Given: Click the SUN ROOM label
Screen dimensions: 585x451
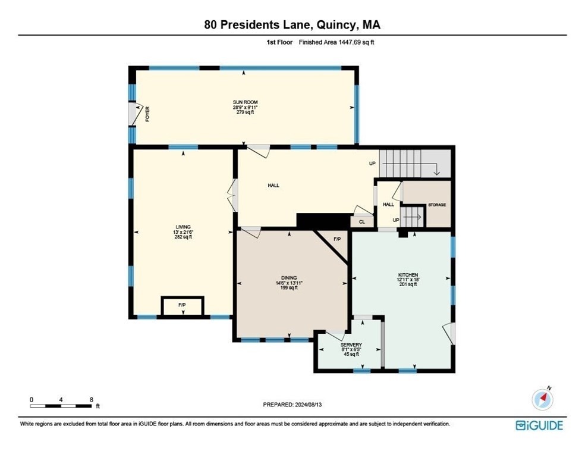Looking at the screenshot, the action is coord(245,102).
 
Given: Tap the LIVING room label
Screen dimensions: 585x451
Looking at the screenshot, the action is coord(183,227).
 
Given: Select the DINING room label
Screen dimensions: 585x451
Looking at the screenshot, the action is coord(289,278).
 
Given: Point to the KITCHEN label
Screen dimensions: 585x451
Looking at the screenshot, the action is coord(408,275).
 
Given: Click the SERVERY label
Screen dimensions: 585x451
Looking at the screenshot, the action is coord(351,344).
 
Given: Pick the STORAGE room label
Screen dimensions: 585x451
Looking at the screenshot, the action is coord(437,205).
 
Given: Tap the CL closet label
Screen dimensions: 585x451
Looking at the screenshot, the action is coord(362,222).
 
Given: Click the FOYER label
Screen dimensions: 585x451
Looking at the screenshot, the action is coord(147,114).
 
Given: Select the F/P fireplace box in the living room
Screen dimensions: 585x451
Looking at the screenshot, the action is coord(183,307).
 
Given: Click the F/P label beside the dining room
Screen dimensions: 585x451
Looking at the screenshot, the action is coord(337,239).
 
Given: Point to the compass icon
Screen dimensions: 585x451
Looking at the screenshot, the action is coord(542,399).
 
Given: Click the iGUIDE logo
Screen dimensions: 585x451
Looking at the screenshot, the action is coord(539,425).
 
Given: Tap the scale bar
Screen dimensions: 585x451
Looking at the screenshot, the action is coord(61,406).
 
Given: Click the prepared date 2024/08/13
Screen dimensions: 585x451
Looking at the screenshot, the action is coord(308,405).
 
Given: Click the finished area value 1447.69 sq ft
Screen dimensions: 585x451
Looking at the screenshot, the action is coord(356,42).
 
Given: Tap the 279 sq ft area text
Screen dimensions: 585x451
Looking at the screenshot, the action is coord(245,112).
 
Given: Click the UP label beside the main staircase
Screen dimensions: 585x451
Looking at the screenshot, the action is coord(372,164).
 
